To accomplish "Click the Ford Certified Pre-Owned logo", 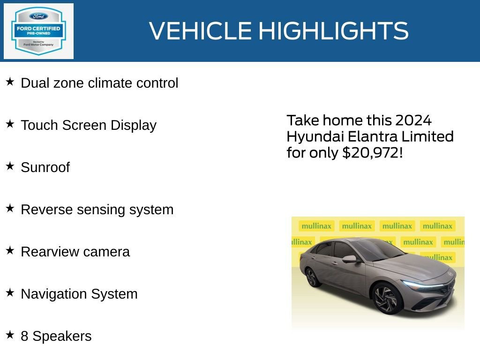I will (38, 31).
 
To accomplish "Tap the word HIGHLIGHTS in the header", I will (333, 31).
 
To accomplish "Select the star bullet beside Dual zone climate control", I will (10, 82).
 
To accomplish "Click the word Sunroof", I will (45, 167).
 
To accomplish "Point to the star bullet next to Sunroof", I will (10, 166).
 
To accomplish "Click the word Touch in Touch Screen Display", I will (39, 125).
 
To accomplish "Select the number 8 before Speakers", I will (24, 336).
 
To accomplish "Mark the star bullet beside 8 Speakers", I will (10, 335).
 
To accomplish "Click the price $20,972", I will (371, 153).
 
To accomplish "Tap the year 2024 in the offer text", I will (413, 120).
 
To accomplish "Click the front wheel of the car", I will (388, 298).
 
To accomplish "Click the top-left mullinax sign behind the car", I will (316, 226).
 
